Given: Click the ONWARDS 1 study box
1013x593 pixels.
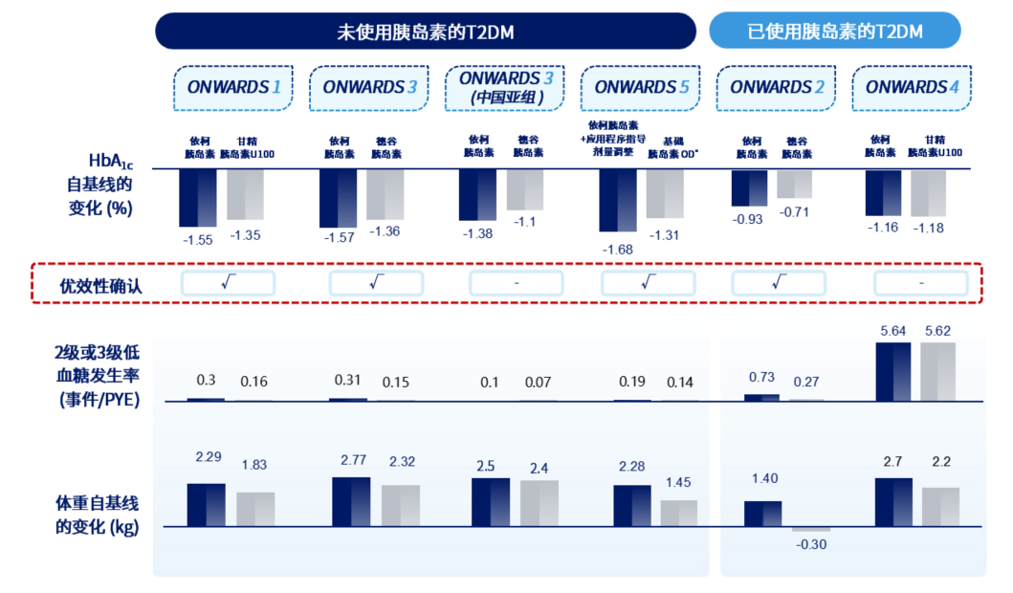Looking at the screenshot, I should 233,88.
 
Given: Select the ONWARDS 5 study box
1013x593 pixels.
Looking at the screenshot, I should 641,88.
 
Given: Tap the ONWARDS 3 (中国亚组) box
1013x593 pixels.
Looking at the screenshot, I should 506,88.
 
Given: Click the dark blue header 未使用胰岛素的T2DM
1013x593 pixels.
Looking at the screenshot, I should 425,32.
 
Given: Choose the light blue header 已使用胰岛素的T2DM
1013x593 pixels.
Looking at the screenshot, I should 834,32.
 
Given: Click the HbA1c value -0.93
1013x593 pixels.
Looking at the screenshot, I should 748,220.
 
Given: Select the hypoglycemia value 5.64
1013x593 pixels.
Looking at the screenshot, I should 893,332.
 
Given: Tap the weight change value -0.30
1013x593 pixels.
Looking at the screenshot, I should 811,544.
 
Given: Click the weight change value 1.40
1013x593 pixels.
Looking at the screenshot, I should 762,478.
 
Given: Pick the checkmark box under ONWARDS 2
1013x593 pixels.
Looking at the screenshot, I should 778,283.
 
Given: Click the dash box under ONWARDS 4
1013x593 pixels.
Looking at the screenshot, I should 921,283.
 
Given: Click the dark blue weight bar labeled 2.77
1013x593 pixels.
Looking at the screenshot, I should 351,501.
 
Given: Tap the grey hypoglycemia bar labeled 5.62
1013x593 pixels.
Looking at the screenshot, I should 937,372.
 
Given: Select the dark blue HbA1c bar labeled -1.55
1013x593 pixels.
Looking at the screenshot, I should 198,198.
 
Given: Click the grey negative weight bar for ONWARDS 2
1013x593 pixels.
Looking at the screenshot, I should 811,529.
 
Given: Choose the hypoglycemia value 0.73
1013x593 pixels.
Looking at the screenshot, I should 761,378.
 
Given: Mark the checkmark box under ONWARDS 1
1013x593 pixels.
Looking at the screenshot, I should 228,283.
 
